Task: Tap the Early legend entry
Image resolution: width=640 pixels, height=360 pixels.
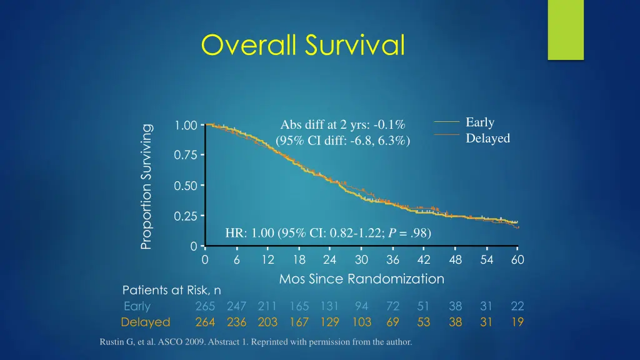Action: click(479, 122)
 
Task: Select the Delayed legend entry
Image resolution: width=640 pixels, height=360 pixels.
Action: click(487, 138)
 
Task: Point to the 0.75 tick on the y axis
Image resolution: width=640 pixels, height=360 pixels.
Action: click(186, 155)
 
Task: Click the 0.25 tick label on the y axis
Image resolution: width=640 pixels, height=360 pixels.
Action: click(186, 216)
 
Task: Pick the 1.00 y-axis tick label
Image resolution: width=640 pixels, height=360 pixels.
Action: click(186, 126)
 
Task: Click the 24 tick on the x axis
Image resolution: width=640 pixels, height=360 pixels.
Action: click(330, 260)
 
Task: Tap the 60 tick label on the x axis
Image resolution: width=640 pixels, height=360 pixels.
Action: click(517, 260)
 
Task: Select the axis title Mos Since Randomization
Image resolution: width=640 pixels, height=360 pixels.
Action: click(361, 279)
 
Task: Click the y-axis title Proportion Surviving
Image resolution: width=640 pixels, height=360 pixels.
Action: click(146, 186)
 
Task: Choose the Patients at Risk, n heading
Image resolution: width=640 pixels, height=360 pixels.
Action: click(171, 290)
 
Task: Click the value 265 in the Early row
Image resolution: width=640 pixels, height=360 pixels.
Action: click(205, 306)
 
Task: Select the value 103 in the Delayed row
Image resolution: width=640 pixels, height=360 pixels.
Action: click(361, 322)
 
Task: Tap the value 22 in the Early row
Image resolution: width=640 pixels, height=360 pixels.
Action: click(517, 306)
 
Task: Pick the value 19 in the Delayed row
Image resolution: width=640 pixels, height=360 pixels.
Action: click(517, 322)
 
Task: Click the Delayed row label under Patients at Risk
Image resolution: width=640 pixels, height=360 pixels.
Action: click(145, 322)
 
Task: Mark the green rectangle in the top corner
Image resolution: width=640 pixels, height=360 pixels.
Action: click(565, 29)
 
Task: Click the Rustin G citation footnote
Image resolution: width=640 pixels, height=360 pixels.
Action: click(256, 342)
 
